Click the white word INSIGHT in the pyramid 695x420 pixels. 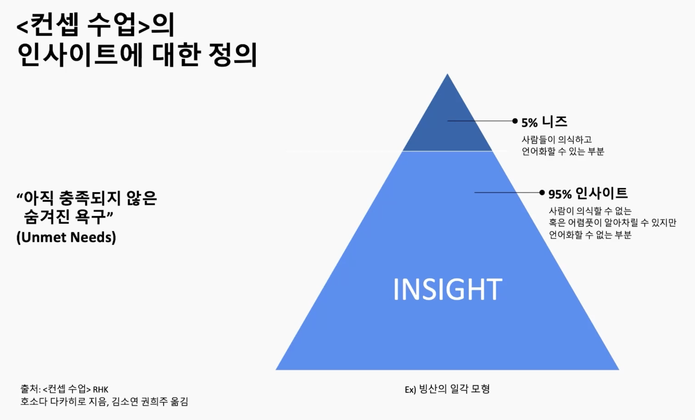pos(447,289)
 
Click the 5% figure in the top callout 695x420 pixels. pos(529,123)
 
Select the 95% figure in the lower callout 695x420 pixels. pos(560,194)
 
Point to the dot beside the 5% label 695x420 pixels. pos(515,121)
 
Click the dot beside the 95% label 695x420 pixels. pos(542,192)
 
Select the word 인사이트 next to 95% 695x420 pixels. pos(602,193)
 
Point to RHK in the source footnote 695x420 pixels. pos(101,389)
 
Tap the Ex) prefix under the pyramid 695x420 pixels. pos(410,389)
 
